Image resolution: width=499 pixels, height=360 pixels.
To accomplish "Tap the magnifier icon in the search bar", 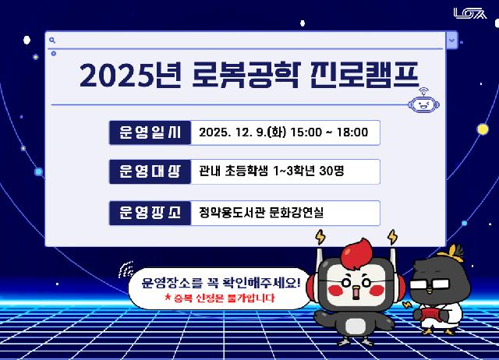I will click(51, 40).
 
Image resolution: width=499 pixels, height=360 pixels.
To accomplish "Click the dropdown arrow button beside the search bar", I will click(451, 40).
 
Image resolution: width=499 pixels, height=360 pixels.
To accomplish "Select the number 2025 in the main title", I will click(117, 76).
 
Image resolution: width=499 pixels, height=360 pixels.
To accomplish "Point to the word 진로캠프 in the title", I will click(365, 76).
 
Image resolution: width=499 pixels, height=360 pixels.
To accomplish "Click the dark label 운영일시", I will click(150, 132).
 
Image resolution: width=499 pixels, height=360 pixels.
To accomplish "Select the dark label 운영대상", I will click(150, 171).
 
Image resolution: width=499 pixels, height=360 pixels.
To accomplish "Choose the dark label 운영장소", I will click(150, 212).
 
